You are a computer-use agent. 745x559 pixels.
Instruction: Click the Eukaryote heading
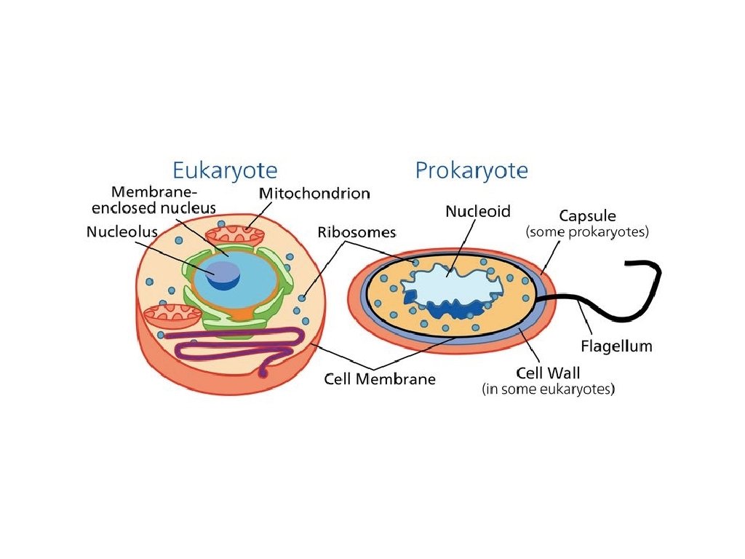tap(224, 170)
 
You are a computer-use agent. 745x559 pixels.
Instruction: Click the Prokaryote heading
tap(471, 170)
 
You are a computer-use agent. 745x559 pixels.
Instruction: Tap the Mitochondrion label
tap(314, 194)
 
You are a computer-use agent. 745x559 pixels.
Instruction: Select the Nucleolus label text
tap(121, 233)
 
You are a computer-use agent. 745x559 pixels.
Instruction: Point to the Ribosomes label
tap(356, 233)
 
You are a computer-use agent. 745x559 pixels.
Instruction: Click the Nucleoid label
tap(478, 212)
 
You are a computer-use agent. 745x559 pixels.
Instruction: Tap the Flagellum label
tap(616, 346)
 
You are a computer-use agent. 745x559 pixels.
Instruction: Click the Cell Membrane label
tap(380, 379)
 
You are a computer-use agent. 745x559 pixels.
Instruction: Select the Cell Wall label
tap(548, 373)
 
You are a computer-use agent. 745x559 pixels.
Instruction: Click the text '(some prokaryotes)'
tap(586, 233)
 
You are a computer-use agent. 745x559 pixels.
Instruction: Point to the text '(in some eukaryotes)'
tap(549, 390)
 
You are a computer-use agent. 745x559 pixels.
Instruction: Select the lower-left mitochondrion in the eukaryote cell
tap(172, 315)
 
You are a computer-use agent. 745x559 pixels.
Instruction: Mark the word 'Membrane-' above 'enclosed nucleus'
tap(154, 192)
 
